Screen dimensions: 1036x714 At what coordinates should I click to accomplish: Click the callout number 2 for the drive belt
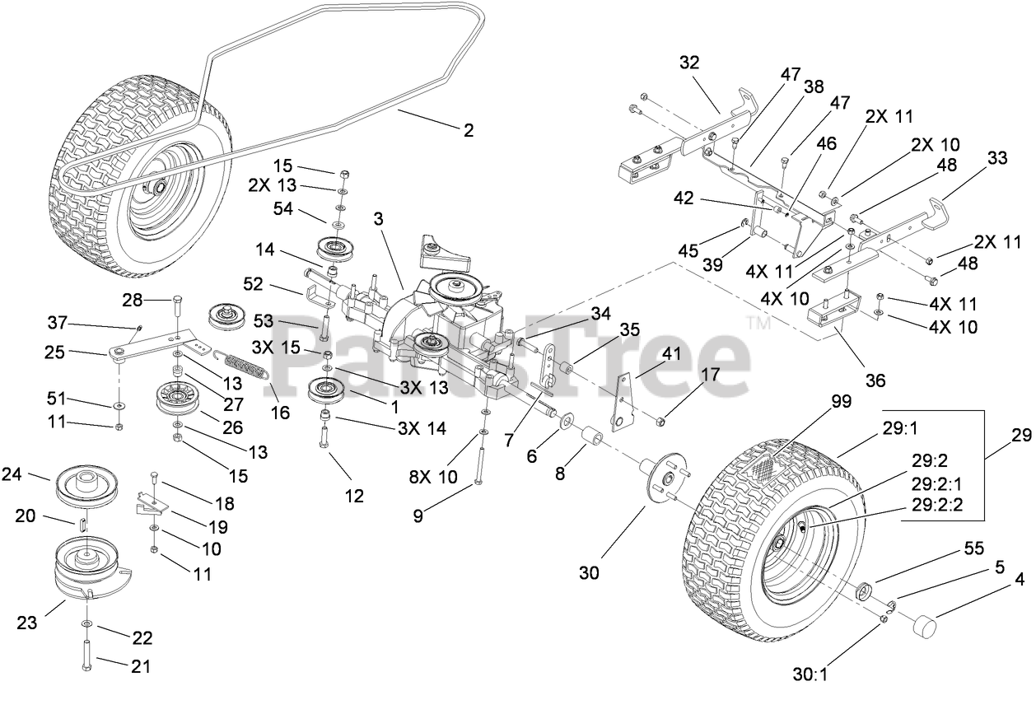(x=469, y=130)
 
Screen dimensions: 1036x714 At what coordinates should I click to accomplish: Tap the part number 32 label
(x=689, y=62)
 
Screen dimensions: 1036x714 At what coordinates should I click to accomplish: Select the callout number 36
(x=875, y=380)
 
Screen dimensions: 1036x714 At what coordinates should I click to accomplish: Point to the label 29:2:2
(x=937, y=504)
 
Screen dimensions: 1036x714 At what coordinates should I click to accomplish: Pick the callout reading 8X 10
(x=433, y=476)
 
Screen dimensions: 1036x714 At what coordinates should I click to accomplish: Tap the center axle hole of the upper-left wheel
(x=160, y=187)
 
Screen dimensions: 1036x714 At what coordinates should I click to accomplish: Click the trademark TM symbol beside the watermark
(x=758, y=322)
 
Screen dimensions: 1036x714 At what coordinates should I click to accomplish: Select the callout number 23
(x=26, y=623)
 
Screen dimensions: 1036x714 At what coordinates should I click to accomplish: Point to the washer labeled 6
(x=566, y=422)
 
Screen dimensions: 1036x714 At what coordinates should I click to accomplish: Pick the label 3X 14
(x=422, y=428)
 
